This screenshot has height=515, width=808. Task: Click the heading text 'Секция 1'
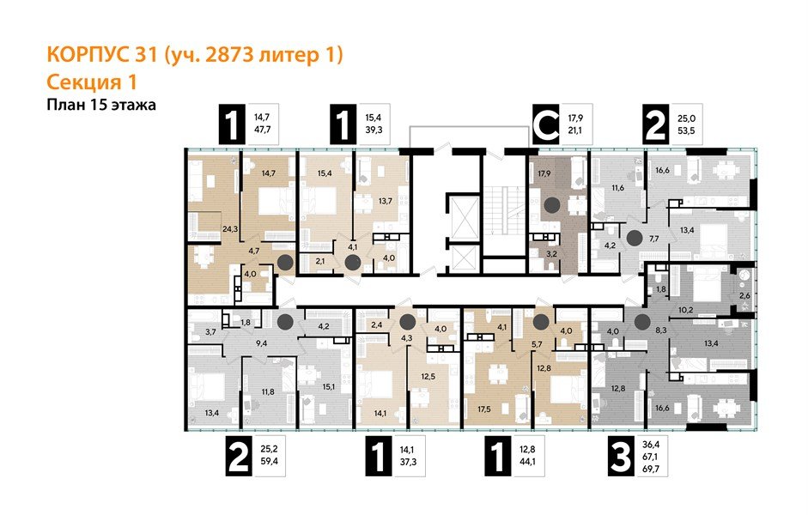coord(90,82)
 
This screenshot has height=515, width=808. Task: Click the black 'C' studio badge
coord(544,125)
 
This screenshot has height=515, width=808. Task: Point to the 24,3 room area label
coord(205,229)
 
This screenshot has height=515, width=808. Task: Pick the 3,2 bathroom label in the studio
coord(555,254)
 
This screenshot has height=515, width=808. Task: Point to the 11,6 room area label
coord(617,187)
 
